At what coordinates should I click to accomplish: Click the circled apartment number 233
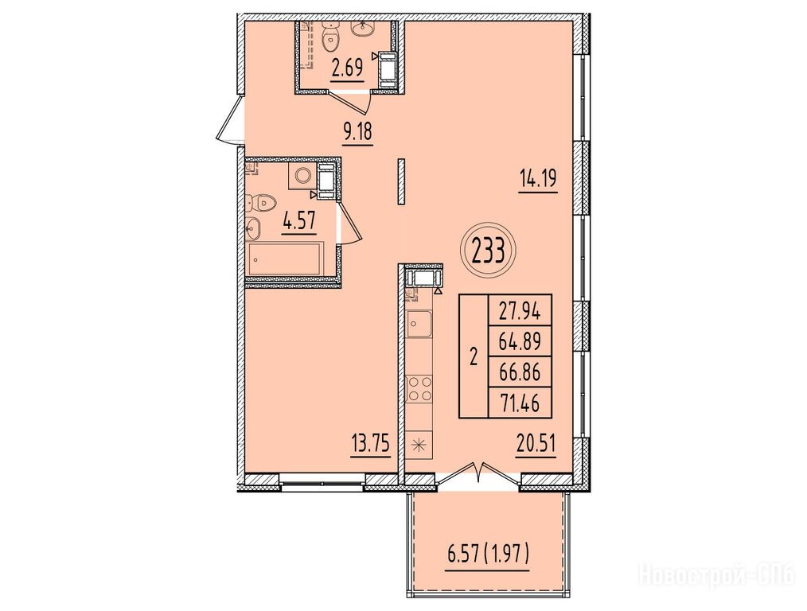pos(488,251)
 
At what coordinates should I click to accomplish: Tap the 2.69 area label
pos(348,68)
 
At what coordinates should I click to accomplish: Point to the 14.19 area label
pos(538,181)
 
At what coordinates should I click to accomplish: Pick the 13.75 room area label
pos(369,443)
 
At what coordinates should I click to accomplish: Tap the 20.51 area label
pos(536,443)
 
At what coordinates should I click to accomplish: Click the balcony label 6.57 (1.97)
pos(487,557)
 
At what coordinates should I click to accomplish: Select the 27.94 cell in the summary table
pos(520,310)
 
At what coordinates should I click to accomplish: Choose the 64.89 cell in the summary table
pos(520,341)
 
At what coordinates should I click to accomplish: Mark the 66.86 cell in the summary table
pos(520,372)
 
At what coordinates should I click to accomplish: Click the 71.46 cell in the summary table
pos(520,403)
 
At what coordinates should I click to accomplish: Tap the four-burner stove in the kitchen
pos(419,388)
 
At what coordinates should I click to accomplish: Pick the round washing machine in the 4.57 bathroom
pos(302,175)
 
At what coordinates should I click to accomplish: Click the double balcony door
pos(478,476)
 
